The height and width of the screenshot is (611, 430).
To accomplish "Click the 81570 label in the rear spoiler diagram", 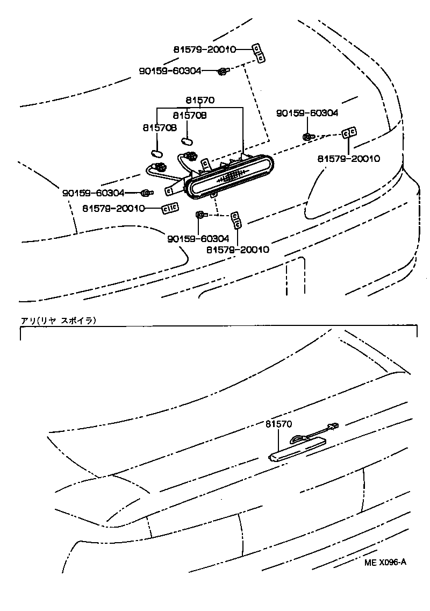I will click(278, 424).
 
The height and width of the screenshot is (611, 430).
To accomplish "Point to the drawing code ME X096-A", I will click(385, 563).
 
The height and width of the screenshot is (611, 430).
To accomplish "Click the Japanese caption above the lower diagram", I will click(58, 321).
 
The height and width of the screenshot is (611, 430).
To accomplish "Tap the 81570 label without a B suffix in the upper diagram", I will click(200, 100).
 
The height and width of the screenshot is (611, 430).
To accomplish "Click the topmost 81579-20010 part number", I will click(205, 49).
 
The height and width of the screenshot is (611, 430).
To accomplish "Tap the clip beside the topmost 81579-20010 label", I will click(259, 53).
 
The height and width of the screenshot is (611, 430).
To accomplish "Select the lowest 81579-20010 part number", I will click(237, 250).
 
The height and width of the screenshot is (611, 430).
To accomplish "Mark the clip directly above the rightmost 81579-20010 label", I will click(350, 132).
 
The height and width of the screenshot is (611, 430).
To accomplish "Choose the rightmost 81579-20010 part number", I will click(348, 159).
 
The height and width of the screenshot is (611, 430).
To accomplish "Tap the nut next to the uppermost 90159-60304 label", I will click(222, 70).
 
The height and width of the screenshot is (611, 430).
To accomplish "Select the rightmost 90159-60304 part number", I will click(307, 113).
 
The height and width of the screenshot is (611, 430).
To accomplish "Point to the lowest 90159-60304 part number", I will click(198, 238).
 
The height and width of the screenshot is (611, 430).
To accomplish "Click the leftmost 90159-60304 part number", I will click(93, 193).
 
